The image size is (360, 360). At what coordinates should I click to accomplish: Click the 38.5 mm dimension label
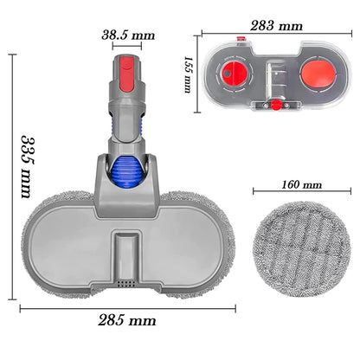[x=128, y=35]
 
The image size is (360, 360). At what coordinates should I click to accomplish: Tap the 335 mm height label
[x=29, y=166]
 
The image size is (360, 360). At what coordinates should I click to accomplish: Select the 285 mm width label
[x=127, y=320]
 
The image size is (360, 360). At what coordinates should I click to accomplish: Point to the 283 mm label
[x=276, y=26]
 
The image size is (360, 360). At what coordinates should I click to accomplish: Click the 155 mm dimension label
[x=188, y=74]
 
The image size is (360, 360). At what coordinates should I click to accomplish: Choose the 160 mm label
[x=301, y=184]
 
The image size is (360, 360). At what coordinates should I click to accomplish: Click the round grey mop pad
[x=302, y=249]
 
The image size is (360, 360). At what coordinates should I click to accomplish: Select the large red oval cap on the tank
[x=318, y=73]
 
